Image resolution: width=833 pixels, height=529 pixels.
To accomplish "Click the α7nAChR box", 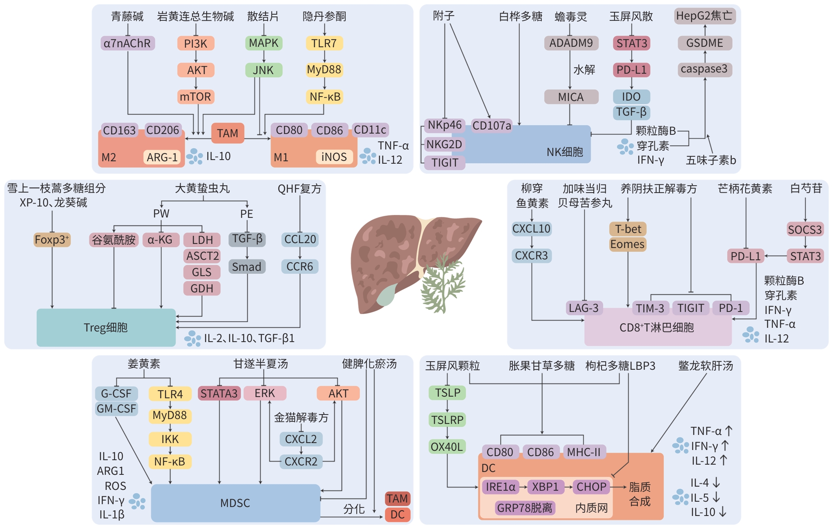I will click(127, 43).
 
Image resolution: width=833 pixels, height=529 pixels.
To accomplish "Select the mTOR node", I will click(196, 97).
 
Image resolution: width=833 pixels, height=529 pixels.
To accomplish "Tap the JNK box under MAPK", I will click(264, 70).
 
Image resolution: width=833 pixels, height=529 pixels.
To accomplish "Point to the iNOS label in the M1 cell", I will click(334, 157).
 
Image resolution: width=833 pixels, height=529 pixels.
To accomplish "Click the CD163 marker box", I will click(119, 130).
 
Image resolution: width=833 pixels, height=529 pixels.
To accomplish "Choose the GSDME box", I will click(704, 43).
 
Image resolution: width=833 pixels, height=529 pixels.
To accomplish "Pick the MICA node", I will click(571, 97).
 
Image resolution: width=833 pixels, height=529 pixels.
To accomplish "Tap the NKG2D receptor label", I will click(444, 144).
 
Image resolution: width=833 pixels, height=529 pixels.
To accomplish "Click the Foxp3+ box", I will click(52, 239).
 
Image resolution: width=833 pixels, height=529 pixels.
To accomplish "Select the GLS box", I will click(202, 272).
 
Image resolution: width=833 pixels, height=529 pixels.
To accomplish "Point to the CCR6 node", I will click(300, 267).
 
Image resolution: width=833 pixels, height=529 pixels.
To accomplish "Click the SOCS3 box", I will click(805, 230).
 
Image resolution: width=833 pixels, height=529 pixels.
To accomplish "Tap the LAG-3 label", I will click(584, 308).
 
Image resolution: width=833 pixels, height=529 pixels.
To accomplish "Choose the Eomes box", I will click(628, 244).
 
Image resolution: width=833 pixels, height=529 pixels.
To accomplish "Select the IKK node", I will click(170, 439).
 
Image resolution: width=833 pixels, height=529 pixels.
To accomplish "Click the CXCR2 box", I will click(301, 461).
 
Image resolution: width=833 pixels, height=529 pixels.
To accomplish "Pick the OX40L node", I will click(447, 447).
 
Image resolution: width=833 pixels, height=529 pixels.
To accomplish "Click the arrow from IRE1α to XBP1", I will click(523, 487).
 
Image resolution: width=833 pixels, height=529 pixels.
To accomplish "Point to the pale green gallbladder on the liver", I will click(387, 295).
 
